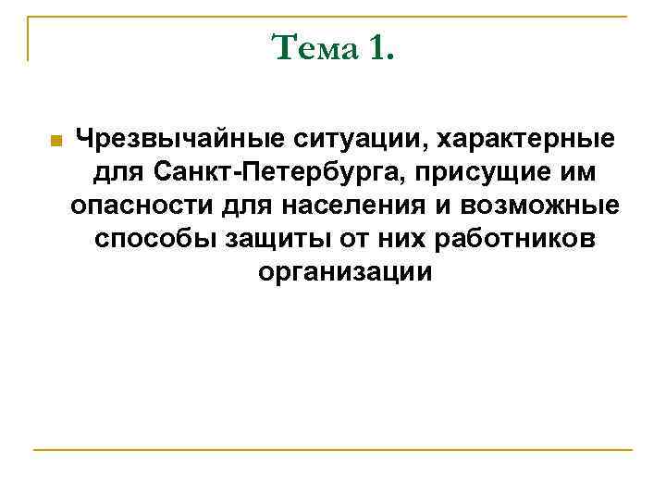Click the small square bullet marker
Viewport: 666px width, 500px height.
[x=55, y=142]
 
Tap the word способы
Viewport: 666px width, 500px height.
[x=154, y=238]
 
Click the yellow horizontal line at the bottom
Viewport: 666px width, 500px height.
[x=333, y=450]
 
